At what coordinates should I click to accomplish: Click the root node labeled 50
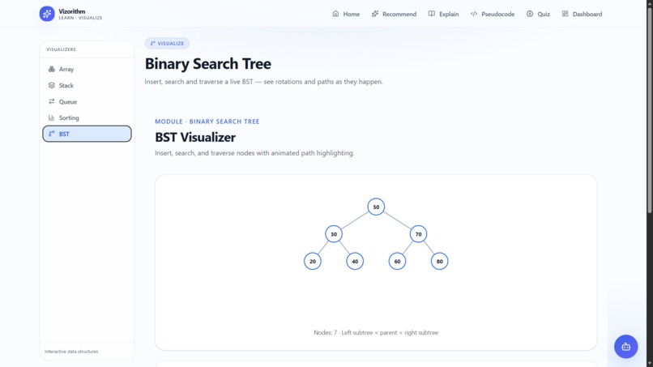click(376, 207)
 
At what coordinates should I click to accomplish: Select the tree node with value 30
click(334, 234)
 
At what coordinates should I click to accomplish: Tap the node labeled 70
click(418, 234)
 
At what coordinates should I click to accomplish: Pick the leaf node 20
click(313, 261)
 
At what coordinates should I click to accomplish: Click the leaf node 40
click(355, 261)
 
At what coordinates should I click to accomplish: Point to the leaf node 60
click(397, 261)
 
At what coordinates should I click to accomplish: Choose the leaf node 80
click(439, 261)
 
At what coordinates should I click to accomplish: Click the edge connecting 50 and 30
click(355, 220)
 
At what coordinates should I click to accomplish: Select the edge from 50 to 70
click(397, 220)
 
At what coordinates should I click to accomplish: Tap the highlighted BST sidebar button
click(87, 134)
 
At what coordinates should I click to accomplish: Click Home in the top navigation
click(346, 14)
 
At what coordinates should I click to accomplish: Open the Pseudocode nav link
click(493, 14)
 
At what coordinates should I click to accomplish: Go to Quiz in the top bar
click(538, 14)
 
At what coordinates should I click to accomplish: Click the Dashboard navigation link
click(582, 14)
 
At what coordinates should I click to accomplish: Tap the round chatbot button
click(626, 347)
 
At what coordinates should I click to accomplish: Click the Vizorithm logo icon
click(47, 14)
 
